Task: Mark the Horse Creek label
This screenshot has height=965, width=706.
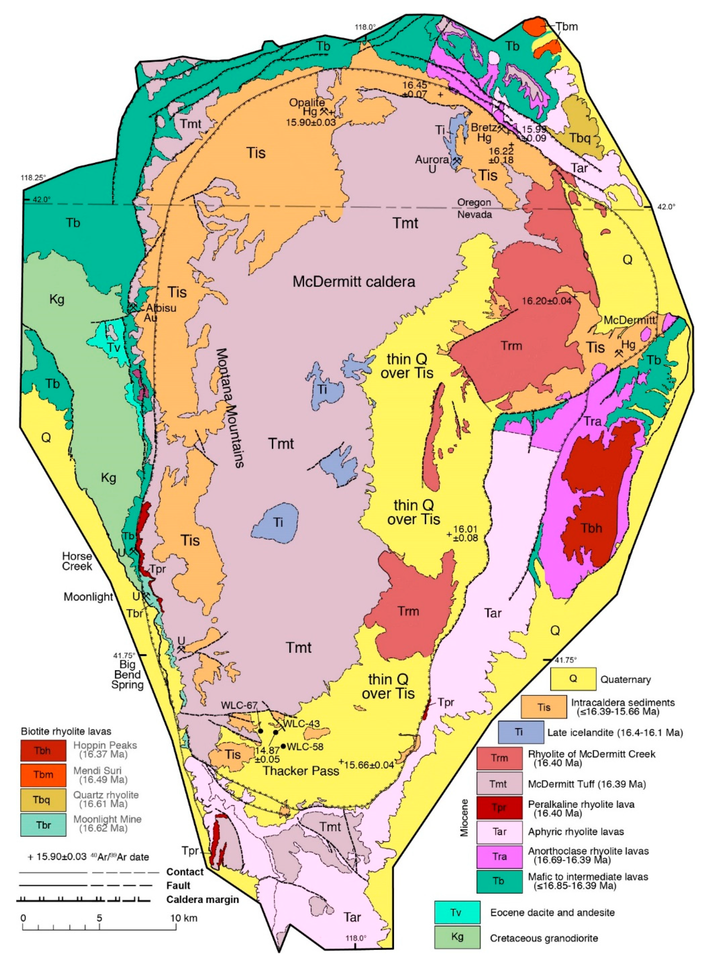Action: pos(77,561)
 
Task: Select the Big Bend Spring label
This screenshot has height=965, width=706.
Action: pos(127,675)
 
